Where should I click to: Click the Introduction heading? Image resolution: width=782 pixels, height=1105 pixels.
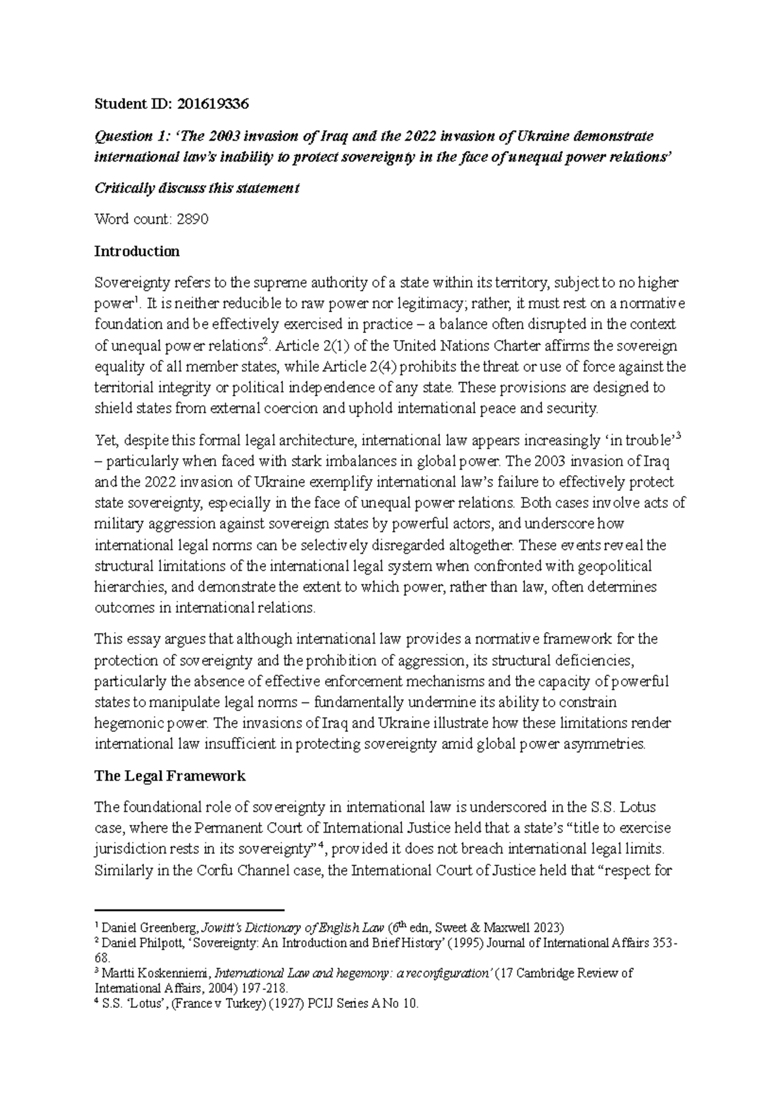[x=136, y=251]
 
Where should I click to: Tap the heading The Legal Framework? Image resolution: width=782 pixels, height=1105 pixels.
[x=169, y=776]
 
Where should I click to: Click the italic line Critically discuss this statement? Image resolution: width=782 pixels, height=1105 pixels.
[x=197, y=188]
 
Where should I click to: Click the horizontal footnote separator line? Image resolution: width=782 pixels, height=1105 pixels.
[x=190, y=910]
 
